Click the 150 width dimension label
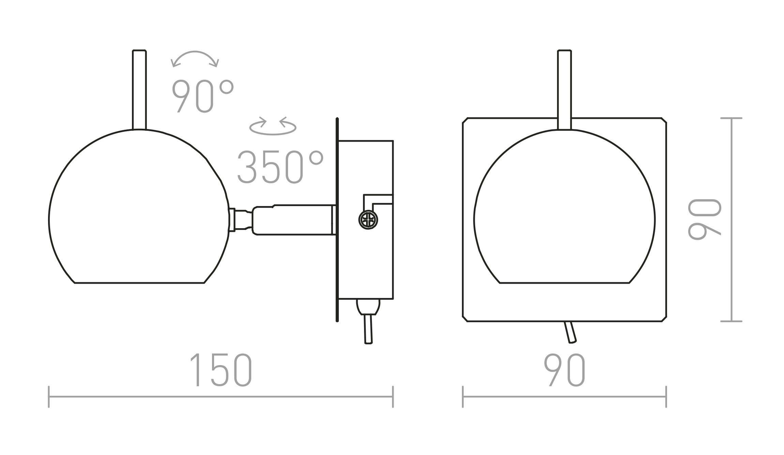pos(221,370)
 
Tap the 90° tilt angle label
pos(202,96)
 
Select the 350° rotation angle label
pos(280,167)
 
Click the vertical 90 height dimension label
pos(705,220)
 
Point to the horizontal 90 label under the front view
pos(564,370)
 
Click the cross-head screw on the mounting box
pos(368,220)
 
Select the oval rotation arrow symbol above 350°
pos(273,126)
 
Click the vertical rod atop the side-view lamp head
pos(139,90)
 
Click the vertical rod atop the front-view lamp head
pos(564,90)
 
